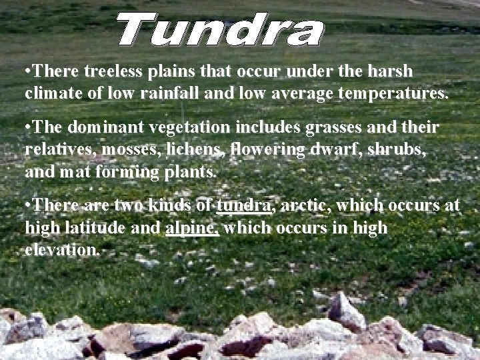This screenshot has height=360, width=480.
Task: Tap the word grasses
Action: (x=321, y=126)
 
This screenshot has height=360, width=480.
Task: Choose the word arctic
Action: (x=304, y=205)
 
